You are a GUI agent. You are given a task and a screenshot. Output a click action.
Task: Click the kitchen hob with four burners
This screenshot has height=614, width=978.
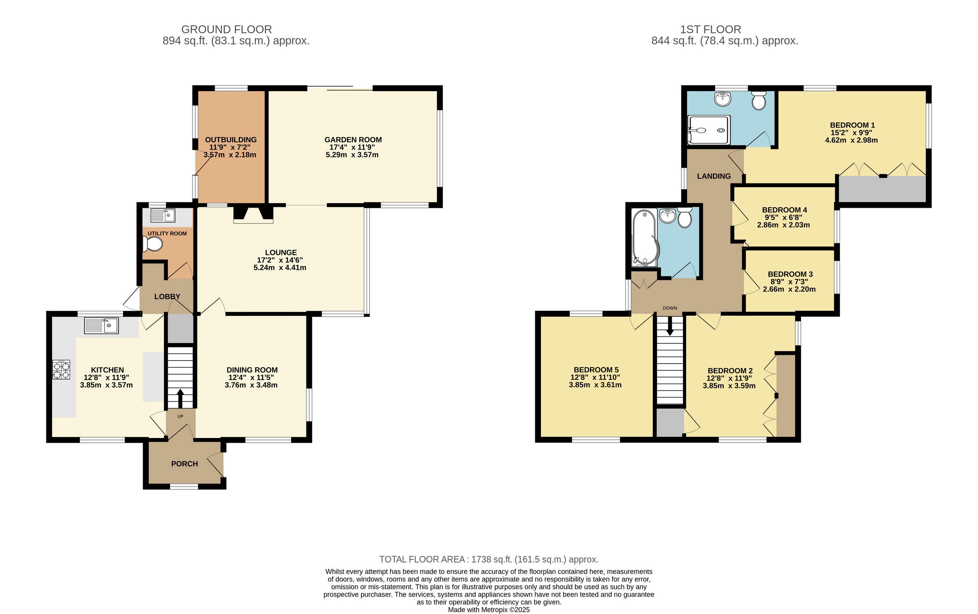(61, 369)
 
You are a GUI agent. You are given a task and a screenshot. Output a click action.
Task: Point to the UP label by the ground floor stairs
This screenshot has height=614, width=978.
(181, 416)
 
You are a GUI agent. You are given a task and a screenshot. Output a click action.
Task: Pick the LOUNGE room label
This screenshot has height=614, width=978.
(281, 252)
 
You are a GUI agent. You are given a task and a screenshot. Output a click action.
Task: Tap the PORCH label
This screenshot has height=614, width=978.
(185, 464)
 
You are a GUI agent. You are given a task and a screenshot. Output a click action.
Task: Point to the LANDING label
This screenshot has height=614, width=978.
(714, 176)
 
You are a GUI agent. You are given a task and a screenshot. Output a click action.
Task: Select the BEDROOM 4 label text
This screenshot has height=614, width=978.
(784, 210)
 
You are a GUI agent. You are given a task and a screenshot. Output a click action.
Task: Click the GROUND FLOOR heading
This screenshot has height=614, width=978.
(226, 29)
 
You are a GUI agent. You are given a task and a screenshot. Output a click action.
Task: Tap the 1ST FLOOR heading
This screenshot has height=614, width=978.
(711, 29)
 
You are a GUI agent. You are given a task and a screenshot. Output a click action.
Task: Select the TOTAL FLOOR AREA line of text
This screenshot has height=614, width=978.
(489, 559)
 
